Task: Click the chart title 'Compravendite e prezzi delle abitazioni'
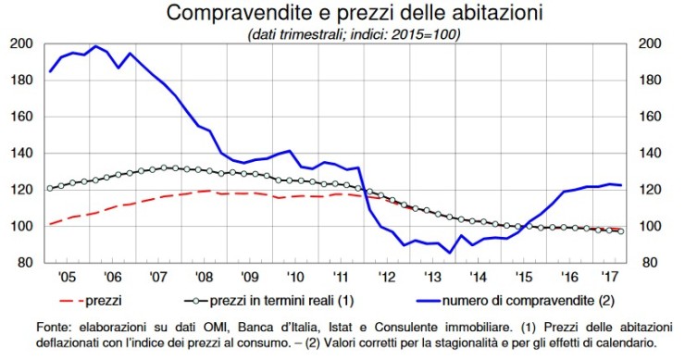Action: (341, 14)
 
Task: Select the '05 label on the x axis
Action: (60, 276)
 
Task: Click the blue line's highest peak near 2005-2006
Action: (95, 46)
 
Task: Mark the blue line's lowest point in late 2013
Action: (450, 253)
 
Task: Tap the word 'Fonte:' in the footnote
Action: (55, 327)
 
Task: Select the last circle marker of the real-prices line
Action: (620, 231)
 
